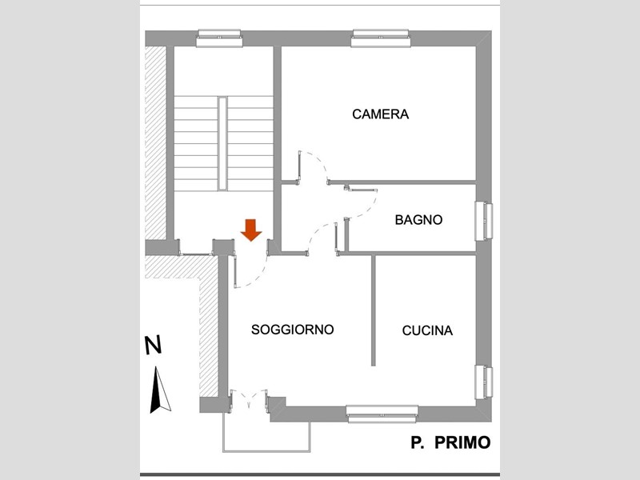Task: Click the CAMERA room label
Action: point(381,114)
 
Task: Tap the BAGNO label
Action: point(418,220)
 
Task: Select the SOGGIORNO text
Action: point(293,330)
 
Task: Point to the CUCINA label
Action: point(427,330)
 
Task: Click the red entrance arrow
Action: point(251,230)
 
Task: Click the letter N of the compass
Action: point(154,346)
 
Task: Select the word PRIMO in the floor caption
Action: point(462,442)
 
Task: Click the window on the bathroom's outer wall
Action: point(484,222)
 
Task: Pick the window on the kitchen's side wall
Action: point(484,382)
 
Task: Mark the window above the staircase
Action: point(219,38)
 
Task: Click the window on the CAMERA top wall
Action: point(381,38)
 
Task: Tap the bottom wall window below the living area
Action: point(382,414)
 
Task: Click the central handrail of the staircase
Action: point(222,144)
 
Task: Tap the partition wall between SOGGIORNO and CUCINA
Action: point(373,310)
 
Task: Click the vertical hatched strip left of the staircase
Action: point(155,143)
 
